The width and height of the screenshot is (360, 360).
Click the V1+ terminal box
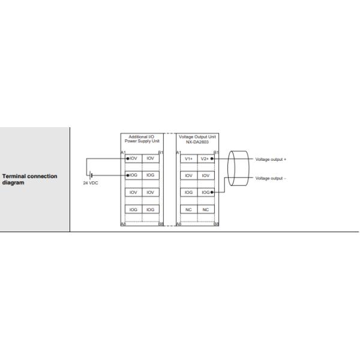pyautogui.click(x=188, y=159)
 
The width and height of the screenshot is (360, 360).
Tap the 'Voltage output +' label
pyautogui.click(x=271, y=159)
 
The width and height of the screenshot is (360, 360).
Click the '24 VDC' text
pyautogui.click(x=91, y=184)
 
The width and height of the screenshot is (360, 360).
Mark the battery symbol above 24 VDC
pyautogui.click(x=91, y=175)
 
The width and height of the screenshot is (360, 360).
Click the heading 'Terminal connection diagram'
pyautogui.click(x=30, y=179)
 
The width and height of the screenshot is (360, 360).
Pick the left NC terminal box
pyautogui.click(x=188, y=209)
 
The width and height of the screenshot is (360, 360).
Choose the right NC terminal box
pyautogui.click(x=205, y=209)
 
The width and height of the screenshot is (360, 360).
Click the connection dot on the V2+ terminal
pyautogui.click(x=212, y=159)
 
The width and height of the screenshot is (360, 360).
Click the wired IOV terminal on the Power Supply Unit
pyautogui.click(x=134, y=159)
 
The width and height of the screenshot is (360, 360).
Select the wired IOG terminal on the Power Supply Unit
pyautogui.click(x=134, y=175)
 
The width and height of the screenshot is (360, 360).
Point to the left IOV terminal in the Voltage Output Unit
pyautogui.click(x=188, y=176)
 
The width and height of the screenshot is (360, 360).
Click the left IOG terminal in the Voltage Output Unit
pyautogui.click(x=188, y=193)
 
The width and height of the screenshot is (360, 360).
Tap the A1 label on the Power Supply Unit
pyautogui.click(x=123, y=152)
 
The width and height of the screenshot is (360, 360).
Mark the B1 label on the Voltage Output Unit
pyautogui.click(x=217, y=152)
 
